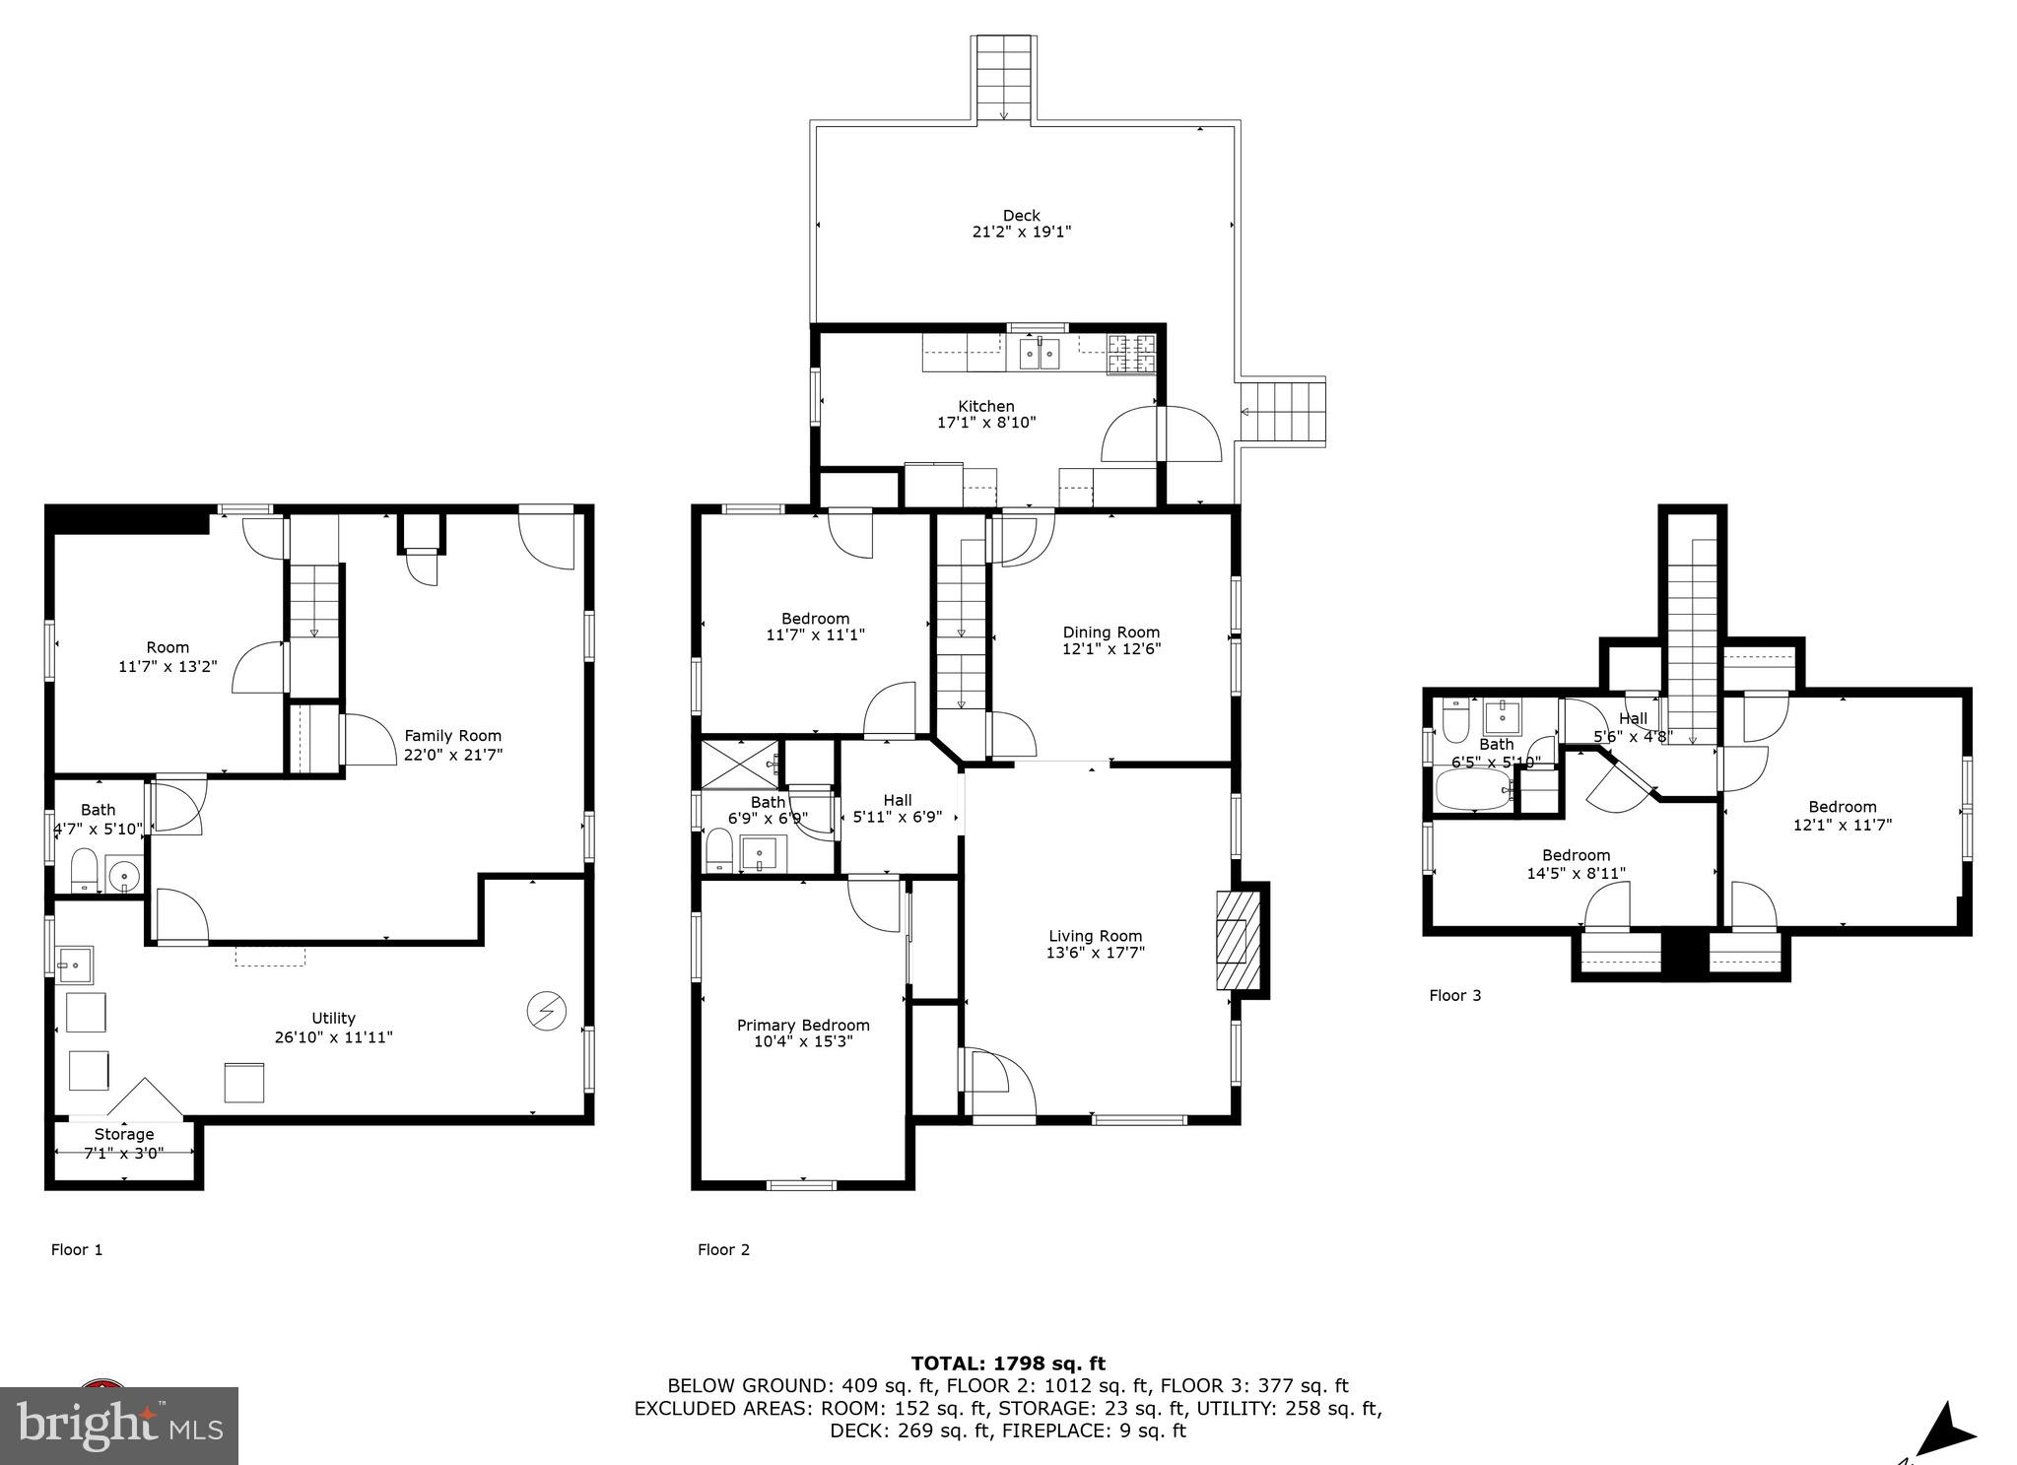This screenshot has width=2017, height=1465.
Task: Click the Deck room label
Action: click(1021, 216)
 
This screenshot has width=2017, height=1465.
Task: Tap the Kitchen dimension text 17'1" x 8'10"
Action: click(986, 423)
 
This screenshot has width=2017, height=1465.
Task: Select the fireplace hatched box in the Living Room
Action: click(1238, 939)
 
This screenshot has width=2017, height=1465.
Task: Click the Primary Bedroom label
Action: click(803, 1025)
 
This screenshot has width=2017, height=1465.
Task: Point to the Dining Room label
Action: click(1110, 633)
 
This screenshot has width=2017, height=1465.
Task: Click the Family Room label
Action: click(452, 736)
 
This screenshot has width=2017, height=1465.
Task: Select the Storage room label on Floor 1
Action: click(124, 1134)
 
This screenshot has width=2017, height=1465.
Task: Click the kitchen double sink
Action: click(1040, 353)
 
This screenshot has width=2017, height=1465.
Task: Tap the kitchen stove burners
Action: click(1131, 355)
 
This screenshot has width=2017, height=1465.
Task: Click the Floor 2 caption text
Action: click(723, 1249)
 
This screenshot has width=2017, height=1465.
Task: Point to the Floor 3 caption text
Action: click(1454, 995)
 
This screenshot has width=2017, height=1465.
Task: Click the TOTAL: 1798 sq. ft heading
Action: click(1007, 1364)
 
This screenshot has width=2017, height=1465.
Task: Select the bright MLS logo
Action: click(119, 1425)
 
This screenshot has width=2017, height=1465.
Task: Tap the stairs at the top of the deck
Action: click(1003, 78)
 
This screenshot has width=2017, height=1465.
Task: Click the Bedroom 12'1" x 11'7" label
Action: click(1842, 807)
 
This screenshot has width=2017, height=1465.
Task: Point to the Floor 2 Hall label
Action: click(897, 800)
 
